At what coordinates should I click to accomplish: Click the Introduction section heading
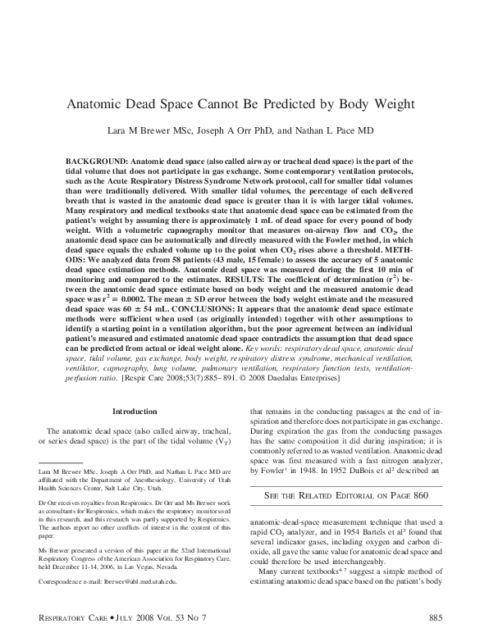134,411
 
